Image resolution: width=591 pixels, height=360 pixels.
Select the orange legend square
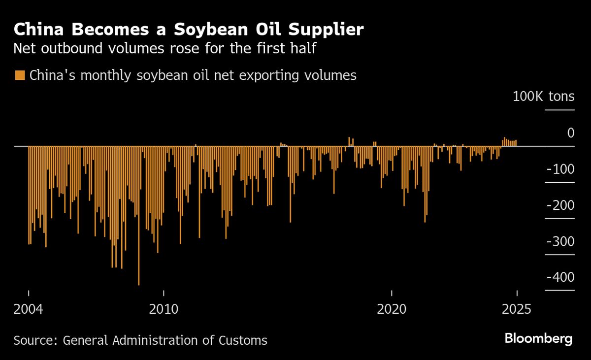point(20,75)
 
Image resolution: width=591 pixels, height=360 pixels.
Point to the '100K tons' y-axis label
point(543,96)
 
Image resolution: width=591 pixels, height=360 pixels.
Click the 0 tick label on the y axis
point(570,133)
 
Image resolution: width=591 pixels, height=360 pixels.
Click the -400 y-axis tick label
point(560,277)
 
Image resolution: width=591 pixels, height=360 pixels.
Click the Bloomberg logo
point(538,339)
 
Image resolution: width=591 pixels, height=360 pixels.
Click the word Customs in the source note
point(244,340)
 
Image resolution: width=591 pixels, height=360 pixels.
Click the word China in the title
point(38,30)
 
